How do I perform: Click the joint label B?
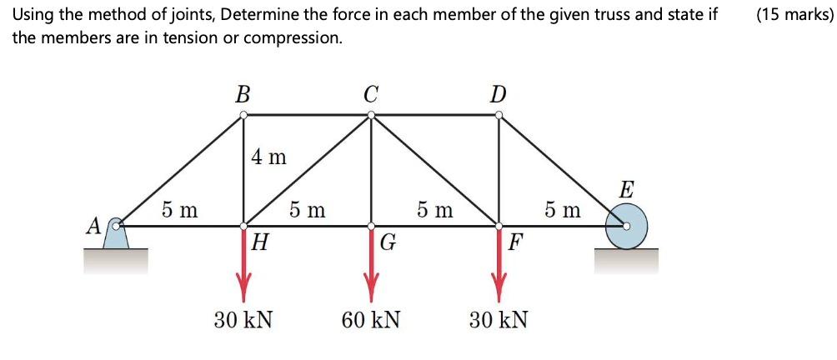click(x=243, y=94)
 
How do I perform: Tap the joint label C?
click(x=371, y=94)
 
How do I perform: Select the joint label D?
click(x=498, y=94)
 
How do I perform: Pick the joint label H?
click(x=261, y=243)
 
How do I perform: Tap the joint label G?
click(x=388, y=243)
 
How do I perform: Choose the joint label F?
click(x=516, y=243)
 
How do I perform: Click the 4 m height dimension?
click(x=268, y=157)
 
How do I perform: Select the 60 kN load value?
click(x=370, y=319)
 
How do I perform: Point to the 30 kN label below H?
click(x=243, y=319)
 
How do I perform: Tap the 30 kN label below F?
click(x=498, y=319)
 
